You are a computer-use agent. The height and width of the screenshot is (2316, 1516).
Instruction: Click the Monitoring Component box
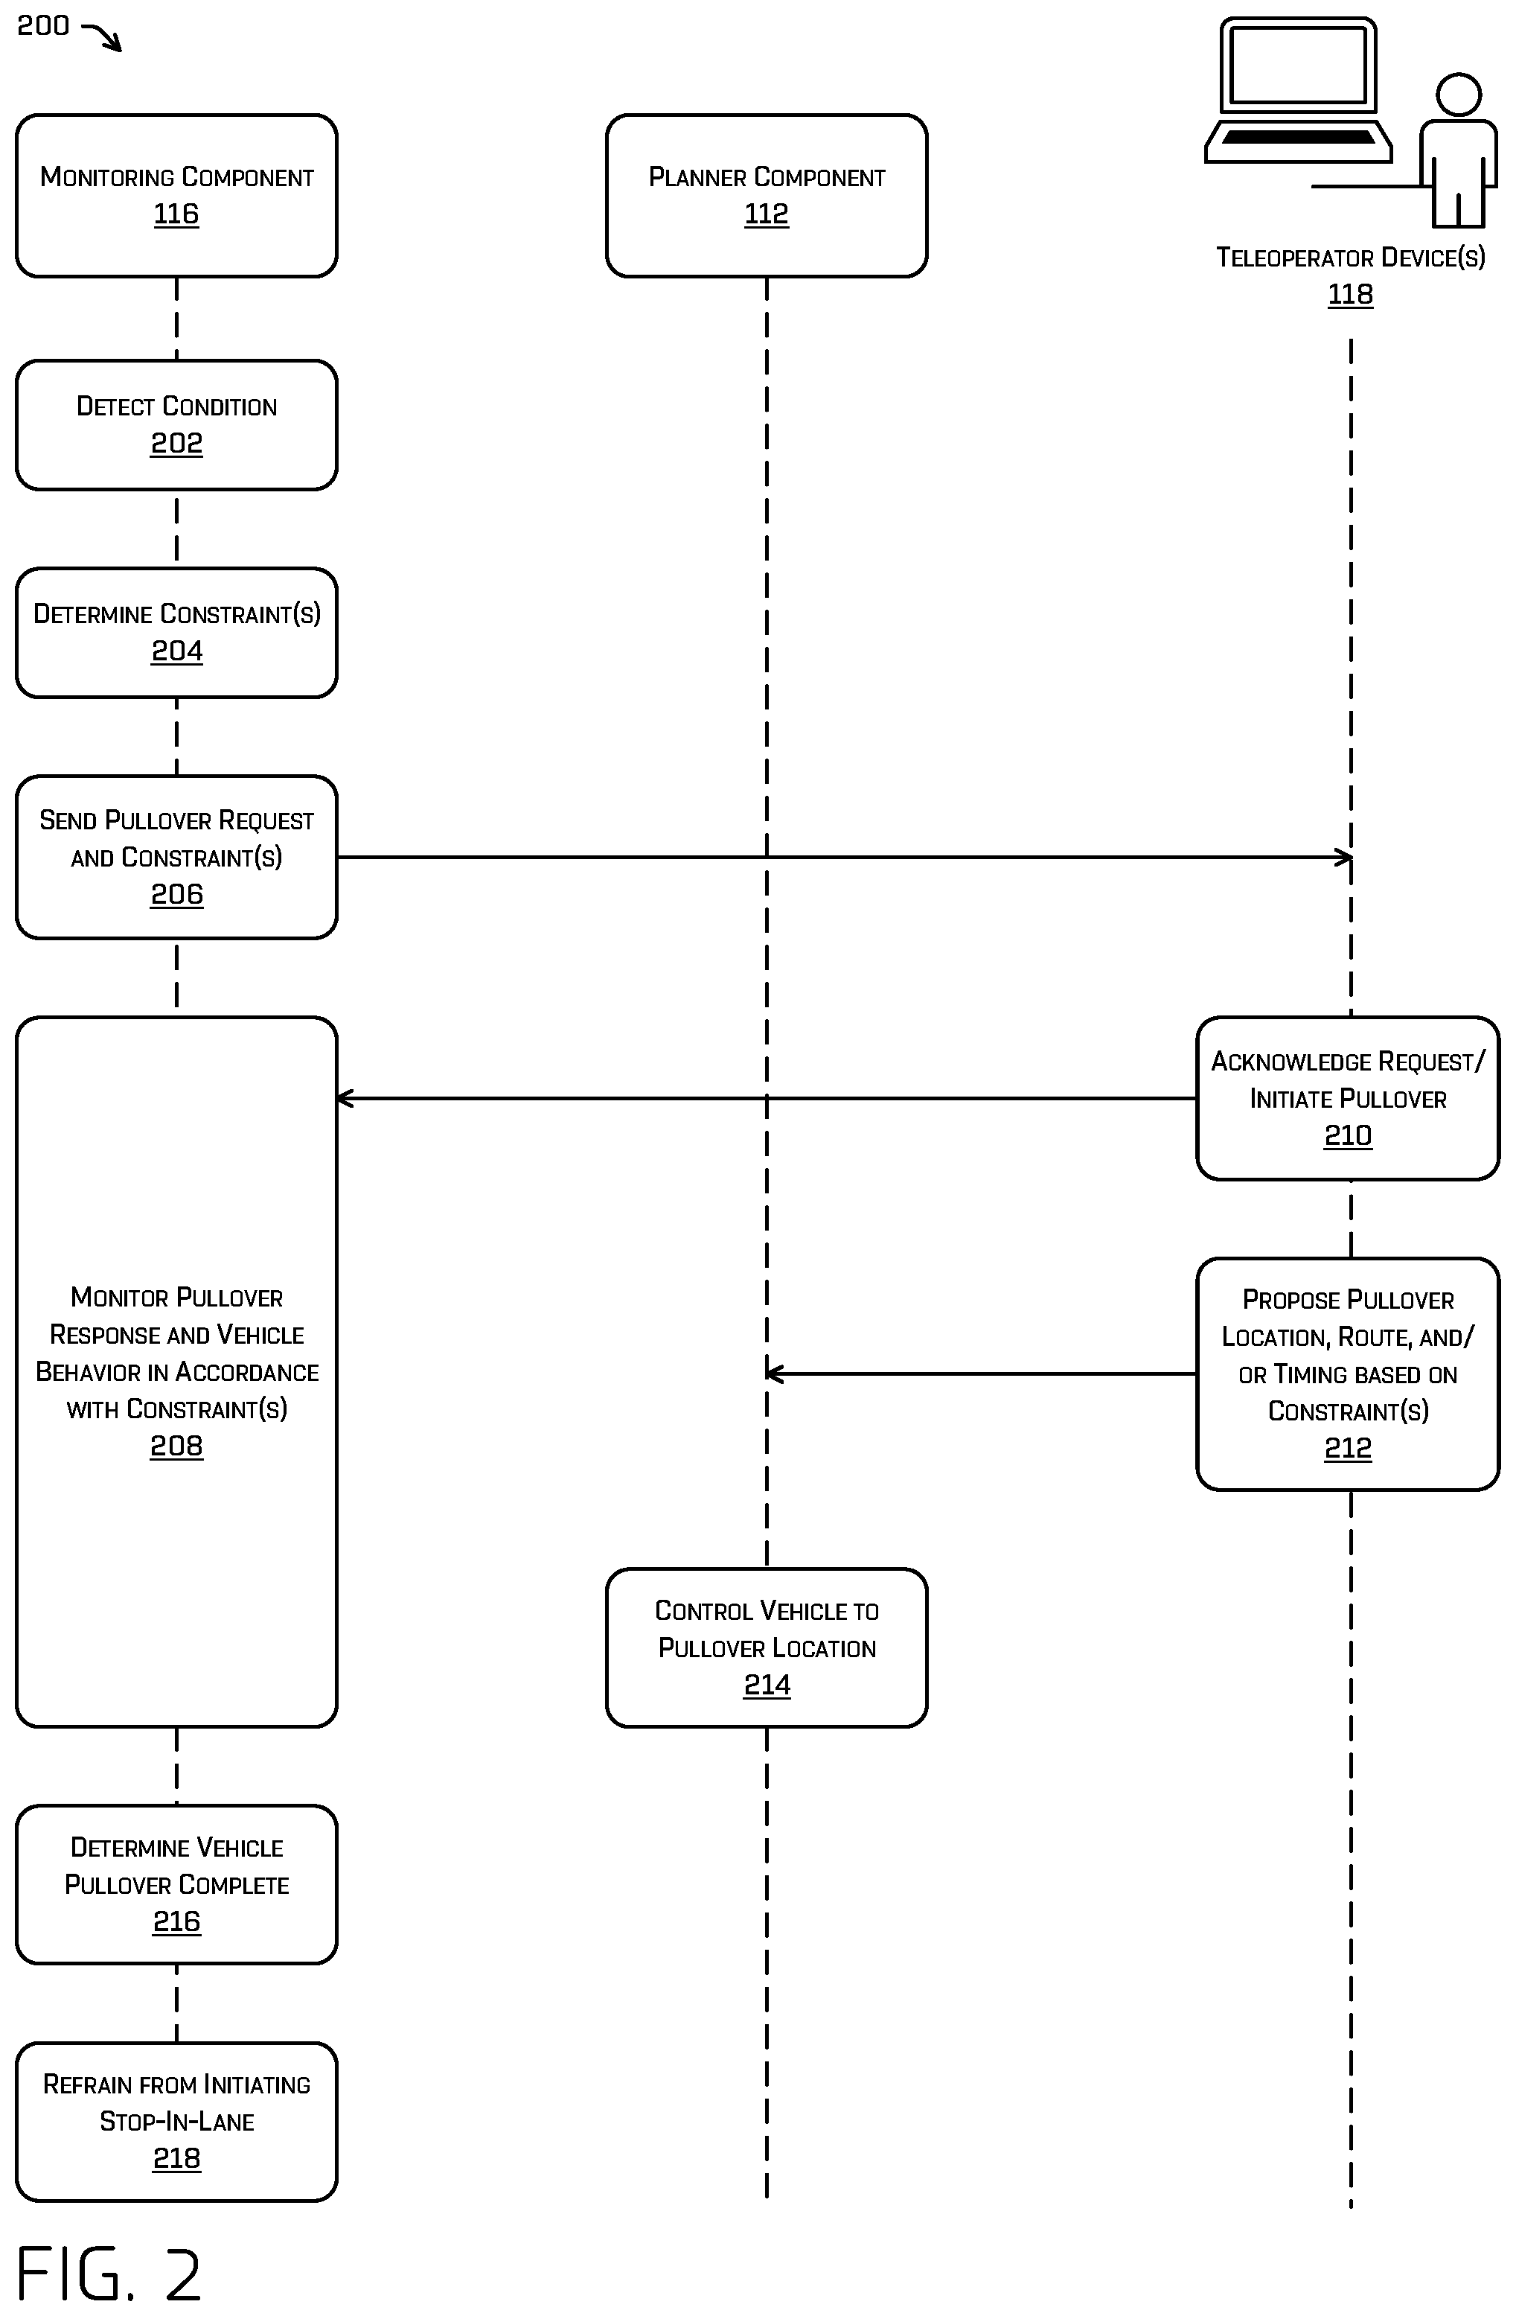coord(176,196)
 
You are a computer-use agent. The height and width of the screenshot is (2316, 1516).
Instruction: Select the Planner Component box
coord(767,196)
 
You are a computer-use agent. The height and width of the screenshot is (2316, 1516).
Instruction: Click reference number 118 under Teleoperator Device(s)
coord(1351,294)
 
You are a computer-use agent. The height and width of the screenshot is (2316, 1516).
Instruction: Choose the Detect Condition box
coord(176,425)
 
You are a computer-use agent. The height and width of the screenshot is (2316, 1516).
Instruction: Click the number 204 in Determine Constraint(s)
coord(177,651)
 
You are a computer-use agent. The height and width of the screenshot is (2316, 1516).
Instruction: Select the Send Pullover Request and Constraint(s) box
coord(176,858)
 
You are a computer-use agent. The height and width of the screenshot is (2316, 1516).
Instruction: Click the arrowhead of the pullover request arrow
coord(1344,858)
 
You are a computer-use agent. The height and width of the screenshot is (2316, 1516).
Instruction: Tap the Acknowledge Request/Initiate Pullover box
coord(1348,1099)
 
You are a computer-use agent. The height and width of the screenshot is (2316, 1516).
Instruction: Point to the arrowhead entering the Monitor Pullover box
coord(345,1099)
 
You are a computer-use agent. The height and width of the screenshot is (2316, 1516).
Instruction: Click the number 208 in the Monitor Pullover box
coord(176,1446)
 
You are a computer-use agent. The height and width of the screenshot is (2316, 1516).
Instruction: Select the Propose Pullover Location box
coord(1348,1374)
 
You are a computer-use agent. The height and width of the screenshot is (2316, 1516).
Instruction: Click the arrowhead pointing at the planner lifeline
coord(775,1374)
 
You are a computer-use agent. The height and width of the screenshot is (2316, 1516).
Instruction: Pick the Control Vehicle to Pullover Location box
coord(767,1647)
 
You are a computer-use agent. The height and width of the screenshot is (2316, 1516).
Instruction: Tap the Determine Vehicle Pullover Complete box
coord(176,1885)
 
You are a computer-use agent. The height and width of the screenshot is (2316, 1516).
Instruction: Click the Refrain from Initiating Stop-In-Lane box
coord(176,2122)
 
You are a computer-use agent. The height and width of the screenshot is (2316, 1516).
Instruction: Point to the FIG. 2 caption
coord(109,2273)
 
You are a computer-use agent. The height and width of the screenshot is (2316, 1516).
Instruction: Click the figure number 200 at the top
coord(43,25)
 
